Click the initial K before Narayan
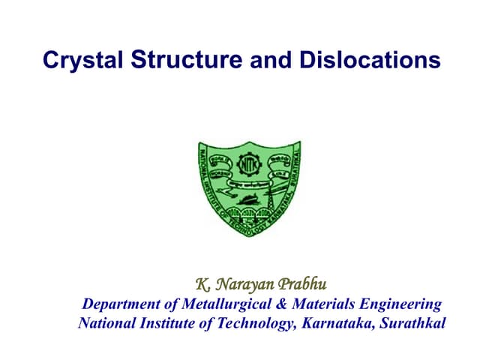201,284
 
